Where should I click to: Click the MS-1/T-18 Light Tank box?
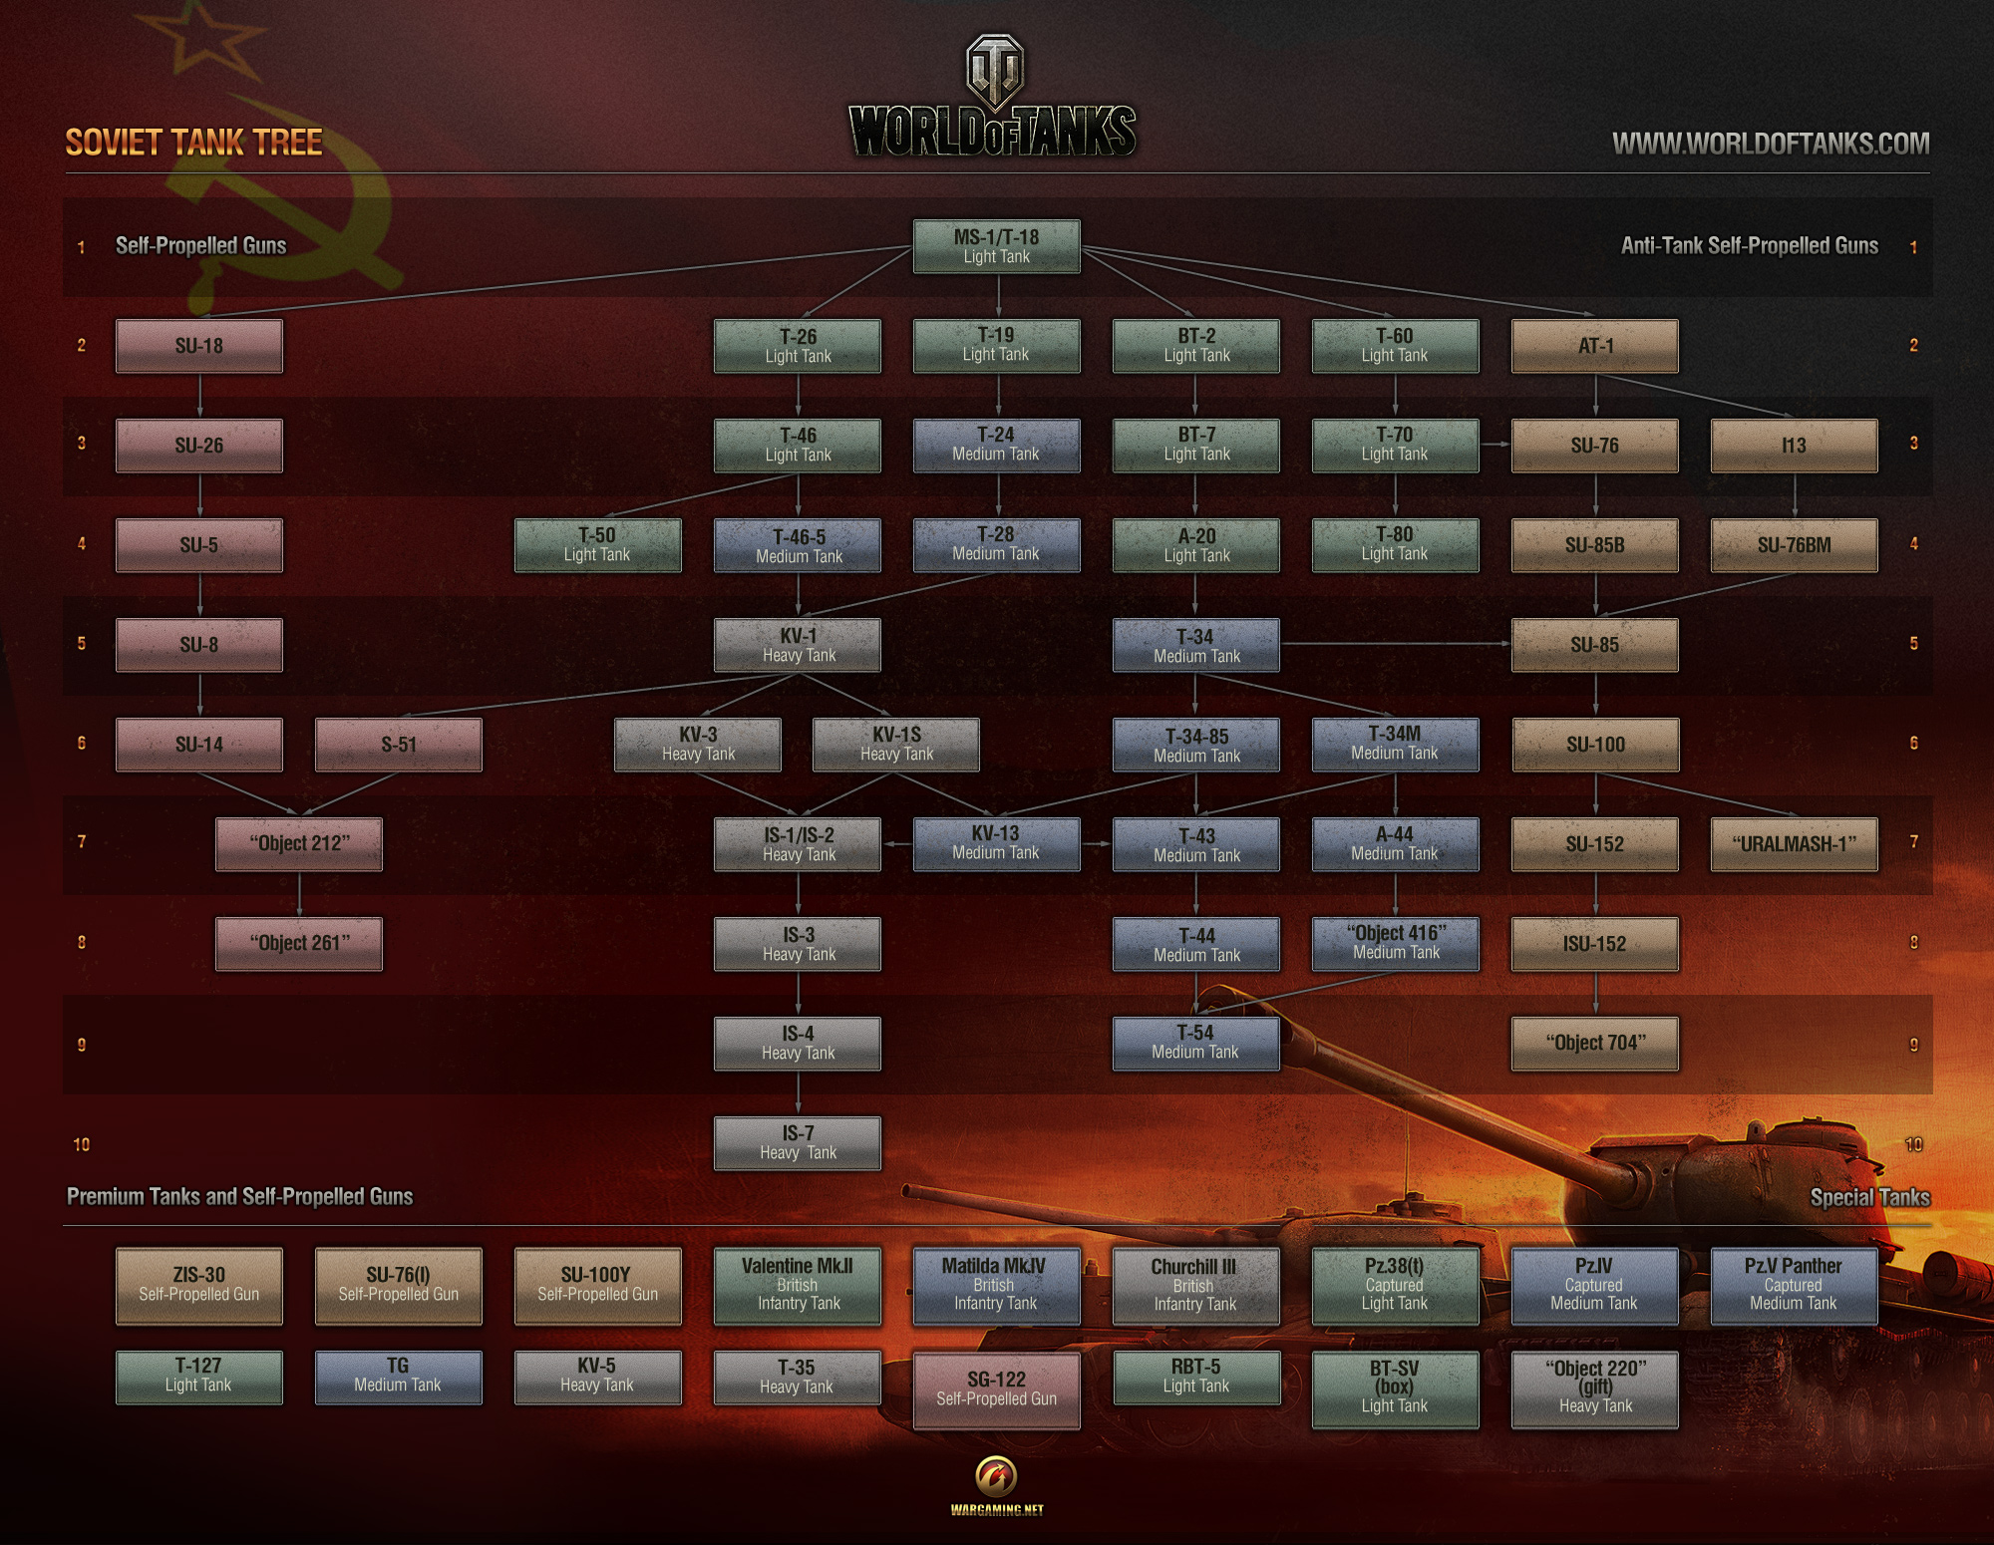coord(996,246)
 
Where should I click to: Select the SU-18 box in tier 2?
coord(199,346)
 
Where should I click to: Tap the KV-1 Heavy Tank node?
coord(798,645)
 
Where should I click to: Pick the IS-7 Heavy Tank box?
coord(798,1142)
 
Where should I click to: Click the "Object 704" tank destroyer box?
coord(1595,1044)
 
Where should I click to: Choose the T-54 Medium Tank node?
coord(1195,1043)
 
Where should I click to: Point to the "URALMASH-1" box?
coord(1794,844)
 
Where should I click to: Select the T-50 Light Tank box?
coord(597,545)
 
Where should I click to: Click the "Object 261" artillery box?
coord(299,943)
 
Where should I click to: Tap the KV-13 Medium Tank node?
coord(996,843)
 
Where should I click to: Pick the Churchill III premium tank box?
coord(1194,1286)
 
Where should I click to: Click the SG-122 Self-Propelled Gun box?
coord(996,1390)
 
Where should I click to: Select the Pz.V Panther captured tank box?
coord(1793,1286)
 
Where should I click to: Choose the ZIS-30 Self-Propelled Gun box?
coord(199,1286)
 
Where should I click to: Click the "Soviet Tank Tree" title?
coord(193,143)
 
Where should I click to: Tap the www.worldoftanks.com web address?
coord(1771,144)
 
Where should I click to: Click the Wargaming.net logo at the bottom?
coord(996,1485)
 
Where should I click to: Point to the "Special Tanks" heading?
coord(1869,1197)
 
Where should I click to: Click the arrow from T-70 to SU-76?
coord(1495,444)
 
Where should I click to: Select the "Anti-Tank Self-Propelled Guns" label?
coord(1749,246)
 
